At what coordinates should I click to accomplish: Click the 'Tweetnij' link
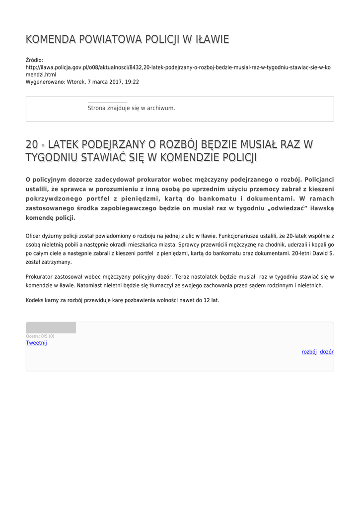(x=36, y=343)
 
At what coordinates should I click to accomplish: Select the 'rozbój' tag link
(x=309, y=352)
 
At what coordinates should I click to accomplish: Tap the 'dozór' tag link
(x=327, y=352)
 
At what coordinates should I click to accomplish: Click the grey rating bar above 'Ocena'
(x=51, y=327)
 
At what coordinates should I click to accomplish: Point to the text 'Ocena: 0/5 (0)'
(x=40, y=336)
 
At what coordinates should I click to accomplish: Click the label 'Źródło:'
(x=34, y=60)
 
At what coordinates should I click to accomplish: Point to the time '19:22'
(x=132, y=82)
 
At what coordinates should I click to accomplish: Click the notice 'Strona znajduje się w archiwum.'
(x=131, y=108)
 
